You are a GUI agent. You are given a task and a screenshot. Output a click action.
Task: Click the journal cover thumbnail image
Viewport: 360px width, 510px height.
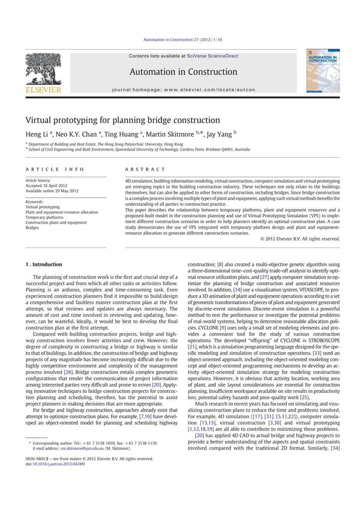pyautogui.click(x=323, y=71)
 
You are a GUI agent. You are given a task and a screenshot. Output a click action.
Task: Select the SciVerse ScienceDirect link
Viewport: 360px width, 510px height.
pyautogui.click(x=212, y=56)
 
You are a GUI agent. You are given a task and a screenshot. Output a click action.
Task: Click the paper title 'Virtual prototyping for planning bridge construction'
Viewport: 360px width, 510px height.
pyautogui.click(x=131, y=120)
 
